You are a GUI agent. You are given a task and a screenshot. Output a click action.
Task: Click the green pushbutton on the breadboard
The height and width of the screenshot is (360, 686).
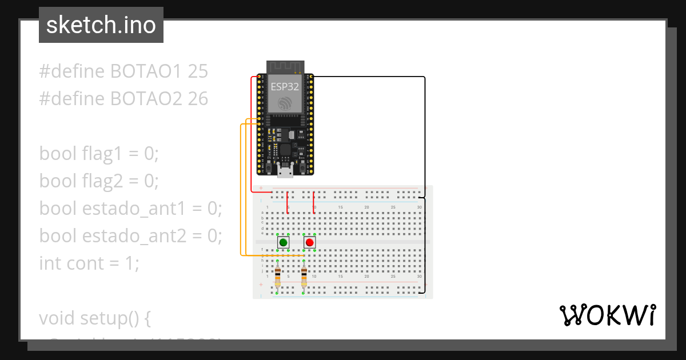[283, 242]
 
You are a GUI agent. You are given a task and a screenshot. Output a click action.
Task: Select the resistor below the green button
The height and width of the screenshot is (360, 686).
[278, 277]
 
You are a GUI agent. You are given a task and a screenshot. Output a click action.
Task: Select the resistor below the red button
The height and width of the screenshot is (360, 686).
[304, 277]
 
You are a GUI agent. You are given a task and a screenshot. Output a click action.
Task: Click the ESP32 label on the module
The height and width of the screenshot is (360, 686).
[285, 87]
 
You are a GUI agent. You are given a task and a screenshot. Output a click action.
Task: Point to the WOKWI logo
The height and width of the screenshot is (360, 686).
[607, 315]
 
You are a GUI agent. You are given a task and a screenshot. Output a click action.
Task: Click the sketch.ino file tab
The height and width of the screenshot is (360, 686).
[101, 25]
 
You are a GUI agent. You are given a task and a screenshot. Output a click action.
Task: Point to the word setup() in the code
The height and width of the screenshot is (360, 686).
[117, 318]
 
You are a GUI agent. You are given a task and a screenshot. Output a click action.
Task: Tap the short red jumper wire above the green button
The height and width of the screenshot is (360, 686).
[288, 203]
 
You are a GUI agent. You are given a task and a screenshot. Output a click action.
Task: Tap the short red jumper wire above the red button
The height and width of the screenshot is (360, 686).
[314, 203]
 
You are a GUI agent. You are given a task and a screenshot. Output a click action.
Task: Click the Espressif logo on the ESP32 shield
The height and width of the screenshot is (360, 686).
[285, 103]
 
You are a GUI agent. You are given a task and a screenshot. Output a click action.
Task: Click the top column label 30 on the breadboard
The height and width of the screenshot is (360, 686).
[420, 207]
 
